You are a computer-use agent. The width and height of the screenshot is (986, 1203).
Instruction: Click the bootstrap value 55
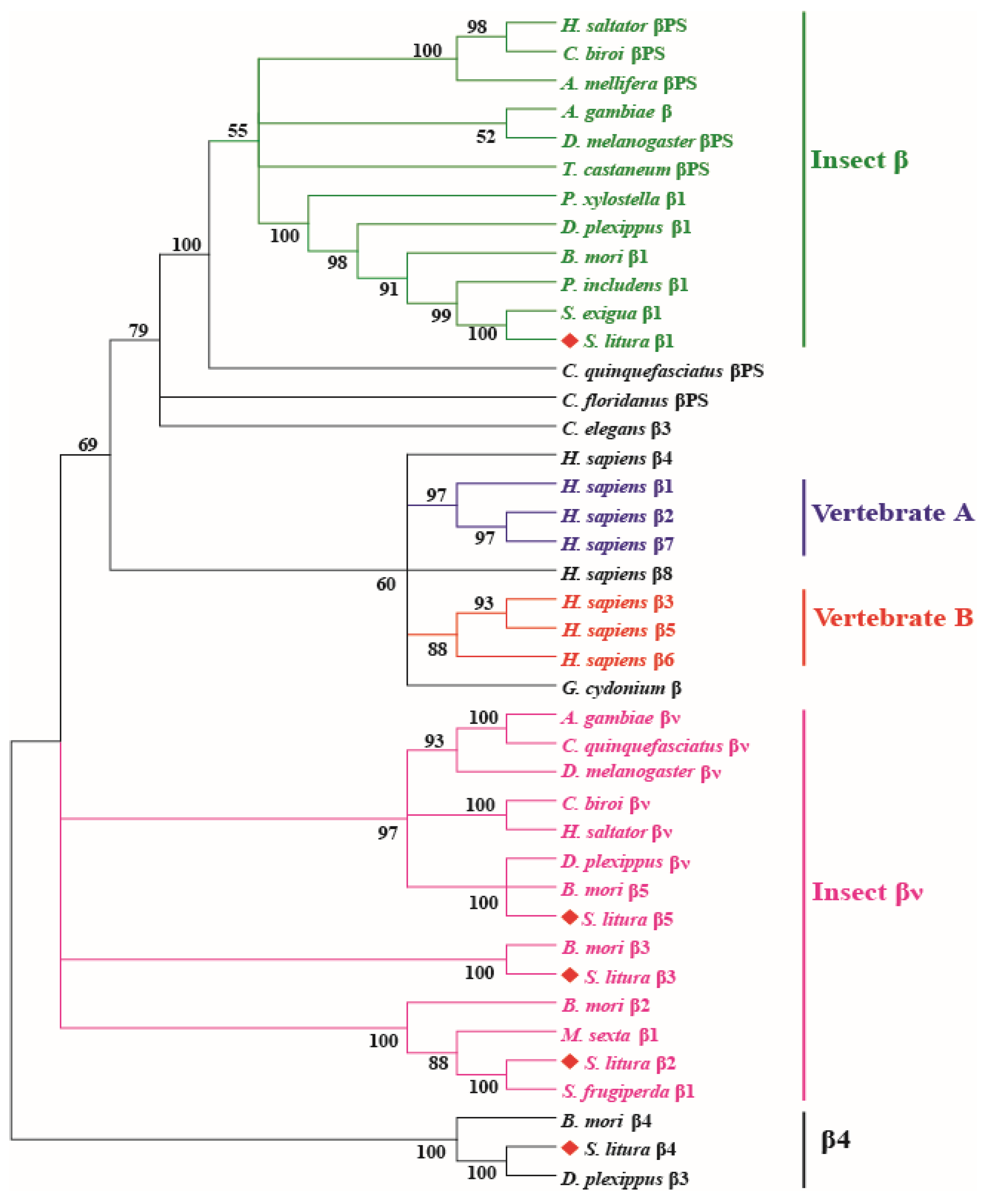tap(238, 131)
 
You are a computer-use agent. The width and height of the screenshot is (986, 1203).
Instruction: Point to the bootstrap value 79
tap(138, 331)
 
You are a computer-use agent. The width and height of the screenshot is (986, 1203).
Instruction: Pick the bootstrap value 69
tap(87, 445)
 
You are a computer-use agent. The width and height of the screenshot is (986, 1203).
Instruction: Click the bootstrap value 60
tap(386, 584)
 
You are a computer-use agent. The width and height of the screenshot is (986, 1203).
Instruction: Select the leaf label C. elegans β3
tap(616, 429)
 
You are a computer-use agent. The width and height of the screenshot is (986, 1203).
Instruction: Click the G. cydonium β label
tap(621, 688)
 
